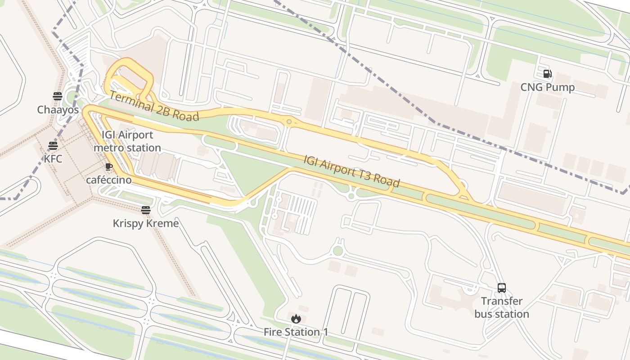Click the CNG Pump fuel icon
coord(547,74)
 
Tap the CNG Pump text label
coord(547,87)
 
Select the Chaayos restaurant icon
coord(57,96)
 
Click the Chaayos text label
coord(58,110)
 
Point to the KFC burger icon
coord(53,145)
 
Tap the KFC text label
coord(53,159)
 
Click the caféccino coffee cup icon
coord(108,166)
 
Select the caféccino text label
coord(109,180)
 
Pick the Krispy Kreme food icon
coord(145,210)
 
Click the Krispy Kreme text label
coord(145,223)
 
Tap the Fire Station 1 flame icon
coord(296,319)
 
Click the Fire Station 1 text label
coord(296,332)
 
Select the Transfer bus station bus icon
coord(501,288)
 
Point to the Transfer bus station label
coord(501,307)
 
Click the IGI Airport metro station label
coord(127,141)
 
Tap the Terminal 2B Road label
coord(154,107)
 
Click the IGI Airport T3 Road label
coord(351,171)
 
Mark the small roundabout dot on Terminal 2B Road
coord(289,121)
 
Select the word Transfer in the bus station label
coord(501,301)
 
